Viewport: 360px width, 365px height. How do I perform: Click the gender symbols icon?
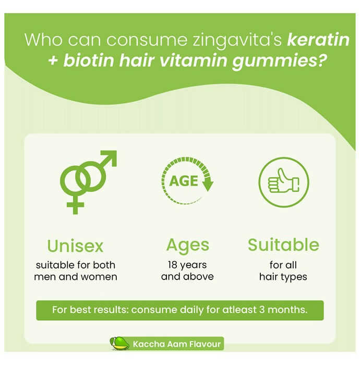click(x=87, y=180)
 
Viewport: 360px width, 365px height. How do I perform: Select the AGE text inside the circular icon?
click(x=184, y=181)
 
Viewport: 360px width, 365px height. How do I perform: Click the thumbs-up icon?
click(x=283, y=181)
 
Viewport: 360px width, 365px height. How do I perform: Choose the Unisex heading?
click(x=75, y=246)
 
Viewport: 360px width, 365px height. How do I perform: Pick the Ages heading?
click(x=187, y=245)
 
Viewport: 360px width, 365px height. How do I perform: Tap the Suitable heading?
click(x=283, y=245)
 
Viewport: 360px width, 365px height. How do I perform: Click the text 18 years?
click(x=187, y=264)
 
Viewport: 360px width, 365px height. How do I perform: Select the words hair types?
click(x=283, y=277)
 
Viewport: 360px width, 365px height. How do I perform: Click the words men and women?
click(x=75, y=277)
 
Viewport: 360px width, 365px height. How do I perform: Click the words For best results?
click(x=89, y=310)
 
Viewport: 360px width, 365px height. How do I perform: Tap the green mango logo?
click(x=119, y=344)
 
